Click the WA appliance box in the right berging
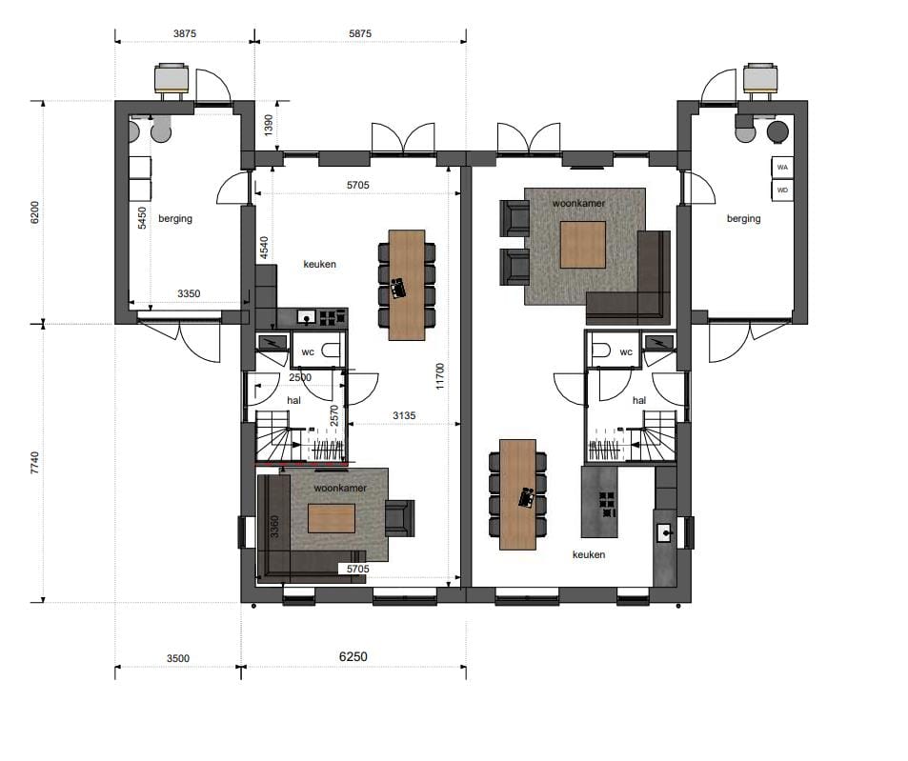pos(782,167)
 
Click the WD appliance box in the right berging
pos(782,190)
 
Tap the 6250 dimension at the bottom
pos(353,657)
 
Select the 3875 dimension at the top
pos(184,33)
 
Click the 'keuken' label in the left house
pos(319,264)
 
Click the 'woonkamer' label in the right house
pos(579,203)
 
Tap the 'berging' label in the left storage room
pos(175,218)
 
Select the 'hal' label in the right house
pos(638,401)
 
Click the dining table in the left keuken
pos(407,284)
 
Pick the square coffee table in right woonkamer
pos(582,245)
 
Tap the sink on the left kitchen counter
pos(306,316)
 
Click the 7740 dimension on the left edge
pos(35,464)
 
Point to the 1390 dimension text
pos(268,126)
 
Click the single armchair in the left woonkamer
pos(399,517)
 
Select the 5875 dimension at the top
pos(360,33)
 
